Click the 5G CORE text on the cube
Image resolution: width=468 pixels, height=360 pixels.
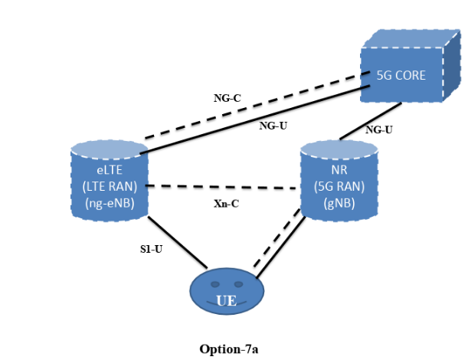point(401,76)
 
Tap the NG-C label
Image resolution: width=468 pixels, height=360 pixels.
point(227,98)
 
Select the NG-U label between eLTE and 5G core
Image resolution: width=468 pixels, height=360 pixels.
point(273,126)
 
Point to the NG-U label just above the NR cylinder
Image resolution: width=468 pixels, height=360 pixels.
point(378,129)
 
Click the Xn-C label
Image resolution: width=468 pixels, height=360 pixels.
point(226,204)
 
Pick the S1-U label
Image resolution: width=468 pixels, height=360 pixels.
point(151,249)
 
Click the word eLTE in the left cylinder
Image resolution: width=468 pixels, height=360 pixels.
point(109,170)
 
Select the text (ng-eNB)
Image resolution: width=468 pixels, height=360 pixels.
point(109,203)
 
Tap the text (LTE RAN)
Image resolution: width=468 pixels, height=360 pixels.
point(109,186)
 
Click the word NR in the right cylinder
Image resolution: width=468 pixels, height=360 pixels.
point(338,170)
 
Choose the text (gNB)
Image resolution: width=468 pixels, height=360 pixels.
point(338,202)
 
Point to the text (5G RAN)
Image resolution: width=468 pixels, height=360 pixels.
point(338,186)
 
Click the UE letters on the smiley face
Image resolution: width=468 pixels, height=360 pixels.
point(226,301)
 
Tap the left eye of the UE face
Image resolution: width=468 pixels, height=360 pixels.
point(215,284)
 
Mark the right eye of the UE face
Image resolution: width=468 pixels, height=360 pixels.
point(238,284)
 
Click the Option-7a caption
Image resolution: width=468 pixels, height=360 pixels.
point(229,349)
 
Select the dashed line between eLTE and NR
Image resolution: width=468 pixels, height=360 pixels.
point(222,187)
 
